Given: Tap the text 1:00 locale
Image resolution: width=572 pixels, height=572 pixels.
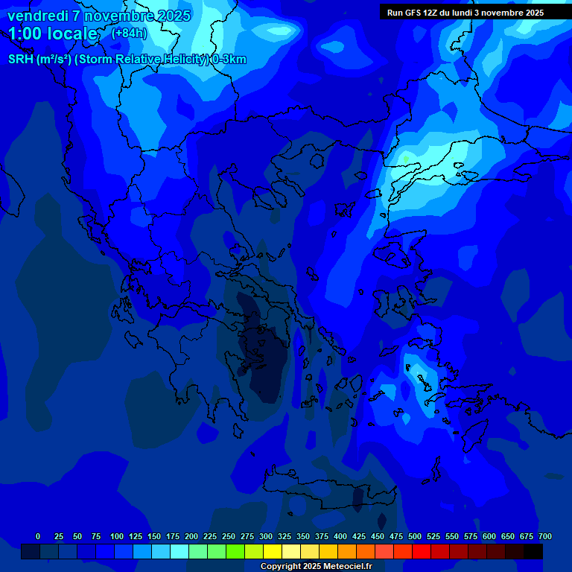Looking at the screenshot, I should click(x=53, y=34).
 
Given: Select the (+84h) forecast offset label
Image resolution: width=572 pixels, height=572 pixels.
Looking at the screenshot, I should click(x=129, y=33).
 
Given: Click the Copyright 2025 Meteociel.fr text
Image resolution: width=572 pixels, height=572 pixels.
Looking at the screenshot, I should click(x=316, y=566).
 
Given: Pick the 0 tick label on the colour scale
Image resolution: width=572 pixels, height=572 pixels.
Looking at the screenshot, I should click(x=38, y=536).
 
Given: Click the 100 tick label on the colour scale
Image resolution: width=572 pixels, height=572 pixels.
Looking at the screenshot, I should click(x=117, y=536).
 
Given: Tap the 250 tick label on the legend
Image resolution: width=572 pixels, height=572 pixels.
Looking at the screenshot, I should click(x=229, y=536).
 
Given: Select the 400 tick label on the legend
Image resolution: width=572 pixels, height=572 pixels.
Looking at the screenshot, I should click(x=340, y=536).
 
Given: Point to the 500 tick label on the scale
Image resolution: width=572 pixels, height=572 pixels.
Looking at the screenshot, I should click(x=415, y=536).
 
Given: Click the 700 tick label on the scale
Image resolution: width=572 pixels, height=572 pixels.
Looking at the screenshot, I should click(x=545, y=536).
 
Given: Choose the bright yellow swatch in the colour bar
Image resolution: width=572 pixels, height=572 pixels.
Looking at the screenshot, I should click(x=273, y=551).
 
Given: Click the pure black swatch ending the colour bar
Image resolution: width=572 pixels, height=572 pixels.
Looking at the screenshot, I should click(x=533, y=551).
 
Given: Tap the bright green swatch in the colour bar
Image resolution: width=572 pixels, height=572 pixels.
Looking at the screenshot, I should click(x=235, y=551).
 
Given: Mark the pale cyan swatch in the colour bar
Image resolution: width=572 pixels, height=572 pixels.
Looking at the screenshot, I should click(x=179, y=551).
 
